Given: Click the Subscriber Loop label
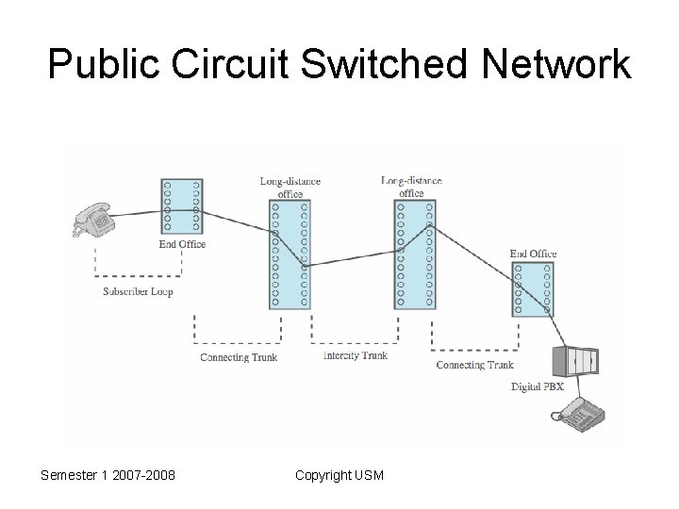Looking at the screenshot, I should [138, 292].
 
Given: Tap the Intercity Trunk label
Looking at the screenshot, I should [355, 356].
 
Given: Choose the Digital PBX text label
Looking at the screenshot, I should [545, 386].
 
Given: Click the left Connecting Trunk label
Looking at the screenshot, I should [239, 357].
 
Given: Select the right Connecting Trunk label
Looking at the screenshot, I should [474, 365].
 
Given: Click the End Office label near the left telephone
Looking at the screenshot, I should [183, 244].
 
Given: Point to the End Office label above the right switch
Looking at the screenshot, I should [533, 254].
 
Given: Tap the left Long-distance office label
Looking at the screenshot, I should [290, 187].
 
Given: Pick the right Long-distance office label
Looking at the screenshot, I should [412, 186].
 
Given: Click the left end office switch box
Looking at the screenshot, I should [182, 206].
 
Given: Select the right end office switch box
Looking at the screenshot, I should [533, 288].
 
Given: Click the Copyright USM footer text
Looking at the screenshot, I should [339, 475].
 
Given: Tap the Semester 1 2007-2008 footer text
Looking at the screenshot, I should [108, 475].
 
